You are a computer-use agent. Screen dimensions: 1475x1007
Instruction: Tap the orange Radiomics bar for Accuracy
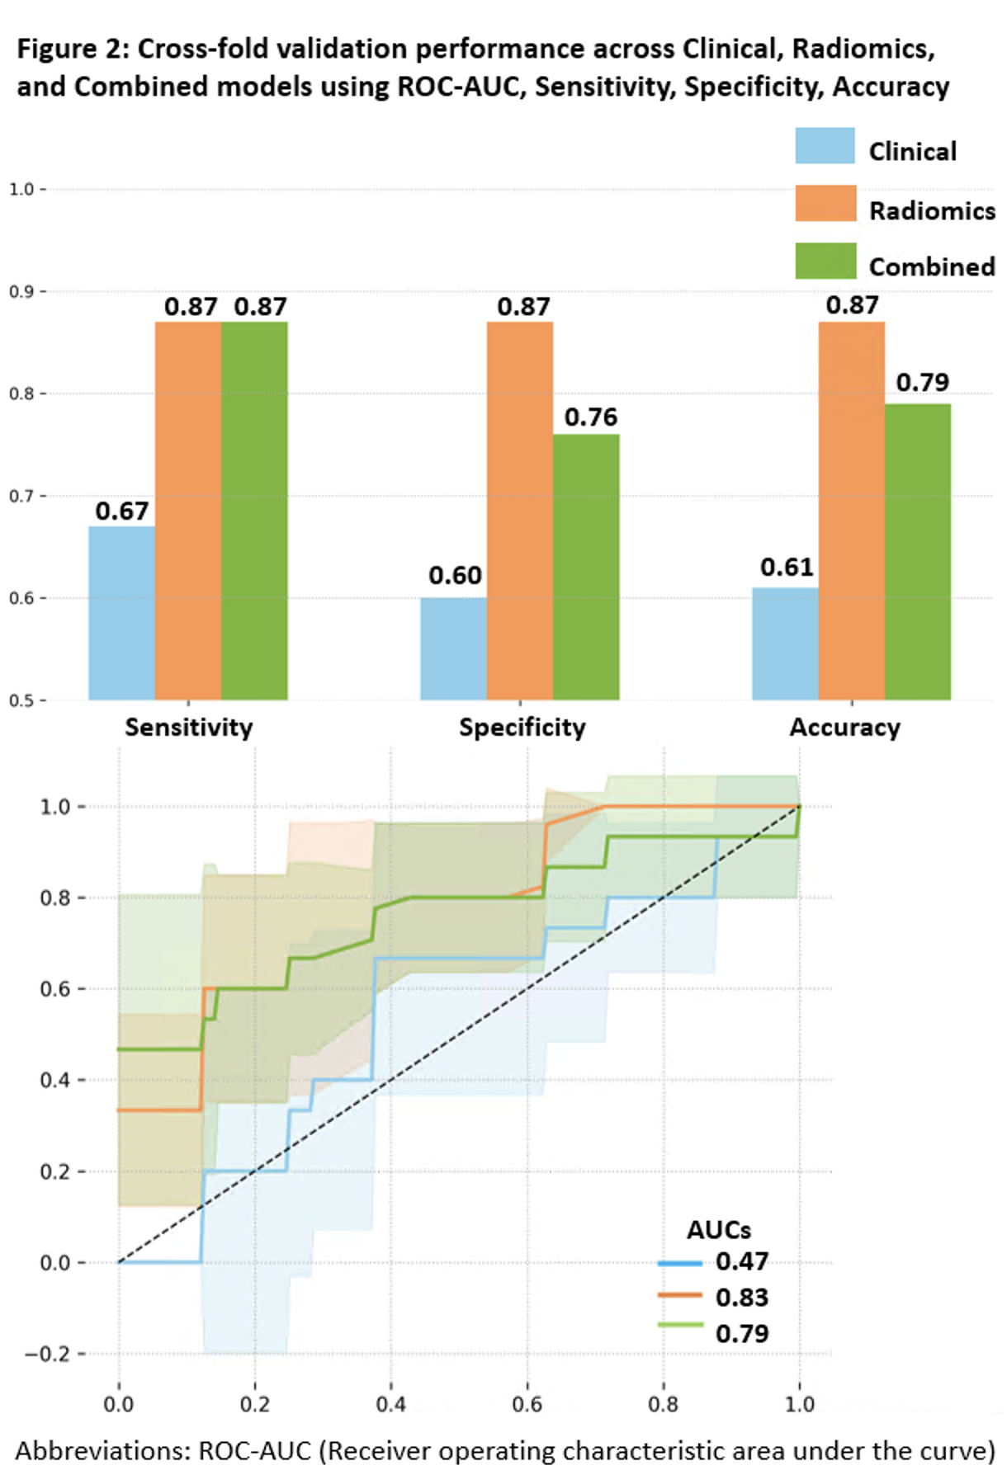[851, 511]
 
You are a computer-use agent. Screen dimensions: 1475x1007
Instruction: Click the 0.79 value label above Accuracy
[922, 383]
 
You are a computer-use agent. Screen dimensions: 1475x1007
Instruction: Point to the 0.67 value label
[121, 511]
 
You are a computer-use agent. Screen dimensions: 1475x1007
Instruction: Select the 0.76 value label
[590, 417]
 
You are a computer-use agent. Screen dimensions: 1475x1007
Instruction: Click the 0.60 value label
[455, 575]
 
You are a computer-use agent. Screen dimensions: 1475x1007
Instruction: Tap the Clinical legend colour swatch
[825, 146]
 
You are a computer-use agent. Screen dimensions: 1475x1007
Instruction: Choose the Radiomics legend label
[932, 211]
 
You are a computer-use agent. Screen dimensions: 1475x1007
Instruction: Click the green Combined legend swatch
[825, 261]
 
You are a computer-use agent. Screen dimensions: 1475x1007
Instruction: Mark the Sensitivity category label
[188, 728]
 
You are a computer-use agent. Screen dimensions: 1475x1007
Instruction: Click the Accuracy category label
[844, 728]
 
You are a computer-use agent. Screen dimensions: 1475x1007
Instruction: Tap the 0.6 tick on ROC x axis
[527, 1404]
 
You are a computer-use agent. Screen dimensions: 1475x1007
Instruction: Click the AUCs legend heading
[718, 1230]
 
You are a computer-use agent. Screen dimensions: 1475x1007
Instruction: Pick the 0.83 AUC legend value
[742, 1298]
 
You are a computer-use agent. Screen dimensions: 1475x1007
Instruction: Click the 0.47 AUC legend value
[742, 1261]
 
